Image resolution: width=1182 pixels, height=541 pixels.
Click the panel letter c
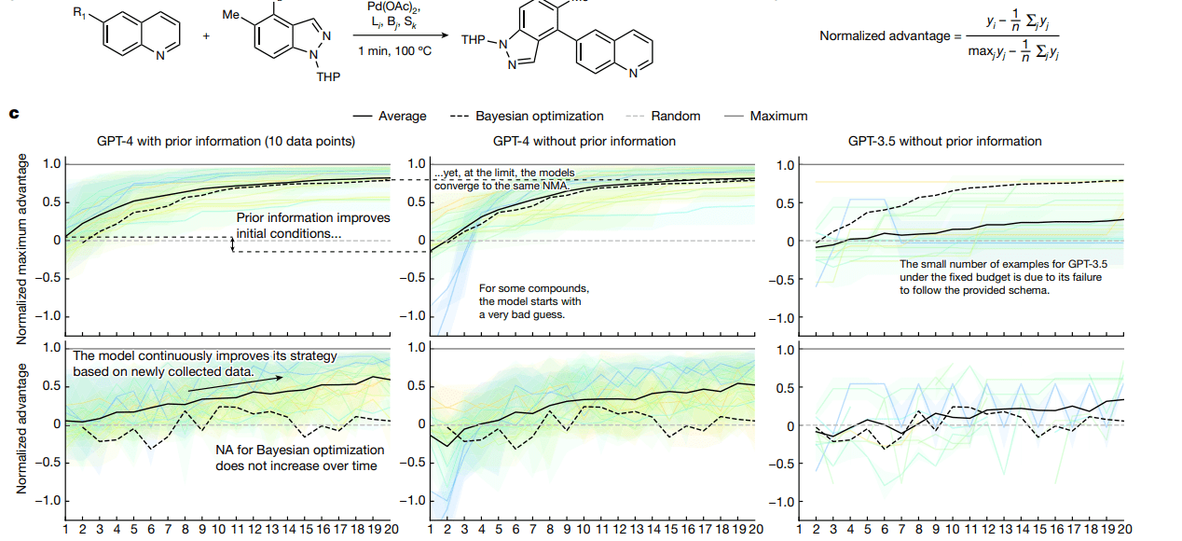click(x=13, y=115)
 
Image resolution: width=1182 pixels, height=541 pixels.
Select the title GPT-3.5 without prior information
click(x=944, y=142)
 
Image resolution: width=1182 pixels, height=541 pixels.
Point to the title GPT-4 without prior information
click(x=584, y=142)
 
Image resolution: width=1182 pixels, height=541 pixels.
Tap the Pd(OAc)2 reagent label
click(x=397, y=7)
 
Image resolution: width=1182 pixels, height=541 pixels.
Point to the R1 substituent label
click(x=77, y=13)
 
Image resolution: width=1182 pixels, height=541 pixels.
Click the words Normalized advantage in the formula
click(x=885, y=36)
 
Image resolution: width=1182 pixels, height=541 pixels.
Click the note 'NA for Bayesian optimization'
click(x=296, y=457)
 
